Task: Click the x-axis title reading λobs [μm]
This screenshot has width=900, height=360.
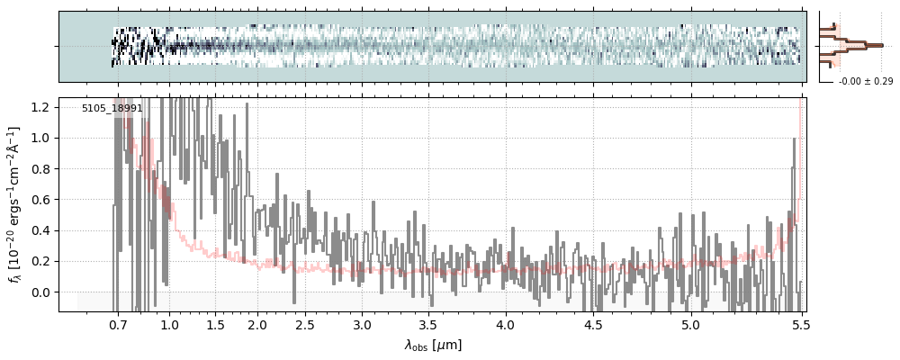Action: click(433, 345)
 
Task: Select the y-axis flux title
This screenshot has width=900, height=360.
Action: click(15, 204)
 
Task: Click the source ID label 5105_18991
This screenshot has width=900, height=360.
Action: click(112, 108)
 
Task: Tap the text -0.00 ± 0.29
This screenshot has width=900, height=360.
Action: click(865, 82)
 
